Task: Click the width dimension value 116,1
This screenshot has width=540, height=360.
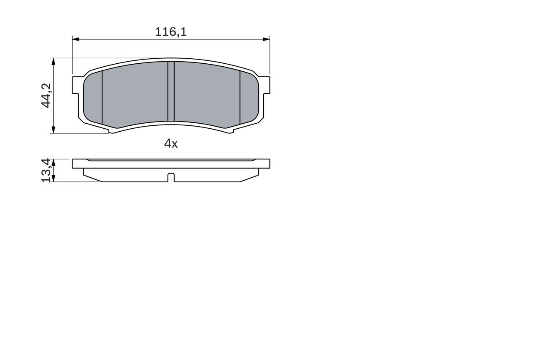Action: click(x=170, y=32)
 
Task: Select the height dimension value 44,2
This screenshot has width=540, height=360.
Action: click(x=46, y=95)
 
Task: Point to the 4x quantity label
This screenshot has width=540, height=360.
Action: click(x=171, y=144)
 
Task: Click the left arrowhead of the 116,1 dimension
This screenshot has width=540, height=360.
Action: click(x=76, y=39)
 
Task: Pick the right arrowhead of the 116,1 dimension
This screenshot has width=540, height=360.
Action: click(x=266, y=39)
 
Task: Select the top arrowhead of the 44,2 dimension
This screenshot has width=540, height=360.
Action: click(x=53, y=61)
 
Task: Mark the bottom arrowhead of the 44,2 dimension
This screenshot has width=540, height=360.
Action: click(x=53, y=130)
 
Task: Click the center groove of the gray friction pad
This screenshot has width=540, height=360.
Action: click(x=171, y=91)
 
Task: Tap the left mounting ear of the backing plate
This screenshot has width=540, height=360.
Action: click(x=76, y=85)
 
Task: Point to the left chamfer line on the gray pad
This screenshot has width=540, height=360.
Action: click(x=102, y=97)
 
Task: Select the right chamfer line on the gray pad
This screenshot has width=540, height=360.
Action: click(x=240, y=97)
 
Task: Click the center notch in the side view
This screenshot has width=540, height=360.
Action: click(x=171, y=178)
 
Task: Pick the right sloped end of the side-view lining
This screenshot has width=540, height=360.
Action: click(x=249, y=178)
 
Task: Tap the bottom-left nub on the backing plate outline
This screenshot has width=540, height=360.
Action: click(x=112, y=132)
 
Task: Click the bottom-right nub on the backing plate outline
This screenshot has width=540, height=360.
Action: click(x=230, y=132)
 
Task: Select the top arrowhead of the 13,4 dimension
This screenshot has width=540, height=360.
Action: click(x=53, y=162)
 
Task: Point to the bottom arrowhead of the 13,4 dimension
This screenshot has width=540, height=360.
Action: click(x=53, y=179)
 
